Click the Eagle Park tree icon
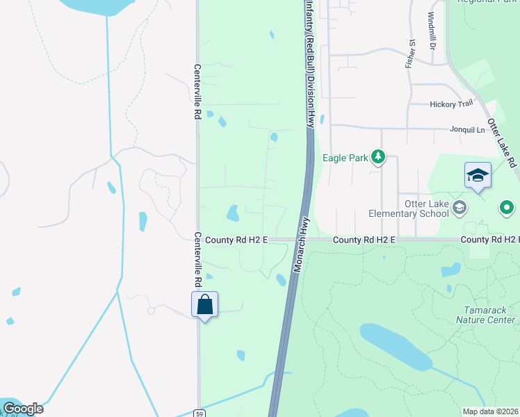[x=377, y=157]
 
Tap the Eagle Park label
[x=345, y=158]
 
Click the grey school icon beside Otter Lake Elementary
[x=459, y=206]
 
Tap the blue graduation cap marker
[x=478, y=175]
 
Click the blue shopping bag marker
[x=204, y=304]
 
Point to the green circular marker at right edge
[x=507, y=206]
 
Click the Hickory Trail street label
[x=451, y=104]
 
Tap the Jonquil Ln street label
[x=467, y=129]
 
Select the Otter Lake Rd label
[x=502, y=142]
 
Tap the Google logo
[x=22, y=409]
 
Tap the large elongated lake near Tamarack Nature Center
[x=394, y=346]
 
